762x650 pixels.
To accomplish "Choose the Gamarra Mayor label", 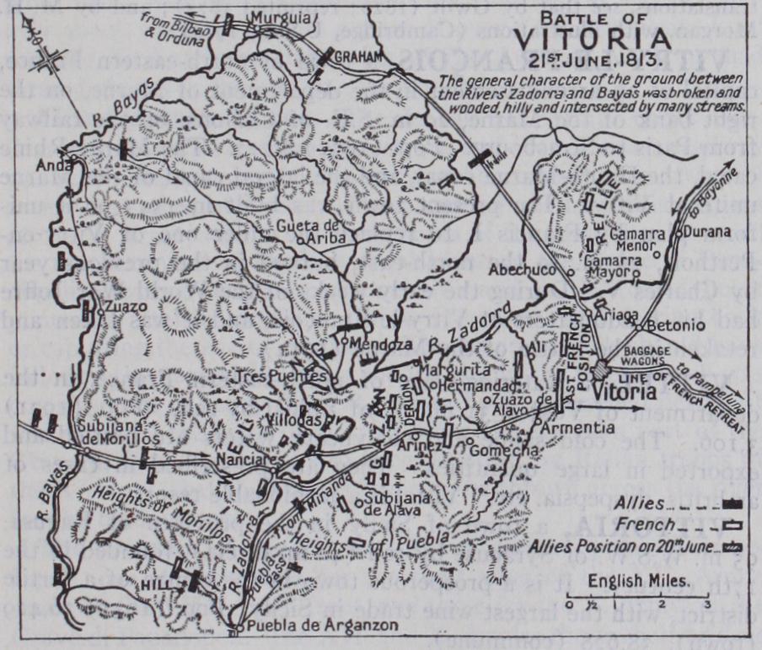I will (x=607, y=266).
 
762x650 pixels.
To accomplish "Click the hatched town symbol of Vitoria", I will (x=601, y=369).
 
